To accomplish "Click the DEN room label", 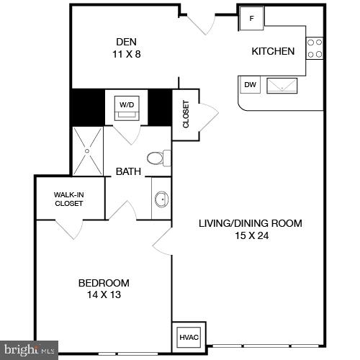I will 126,41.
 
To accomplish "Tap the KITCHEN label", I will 272,51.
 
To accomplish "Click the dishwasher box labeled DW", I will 250,85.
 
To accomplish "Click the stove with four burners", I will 315,48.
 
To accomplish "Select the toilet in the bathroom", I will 158,158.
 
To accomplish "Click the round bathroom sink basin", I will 161,199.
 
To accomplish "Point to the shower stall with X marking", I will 88,151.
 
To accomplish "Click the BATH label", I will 127,171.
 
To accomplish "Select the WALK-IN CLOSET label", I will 68,199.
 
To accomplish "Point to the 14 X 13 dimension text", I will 104,294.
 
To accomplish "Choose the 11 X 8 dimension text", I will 126,53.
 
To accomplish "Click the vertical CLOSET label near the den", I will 185,114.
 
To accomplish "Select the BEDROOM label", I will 104,282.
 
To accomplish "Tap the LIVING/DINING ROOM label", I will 250,223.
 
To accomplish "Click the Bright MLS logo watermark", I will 29,351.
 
